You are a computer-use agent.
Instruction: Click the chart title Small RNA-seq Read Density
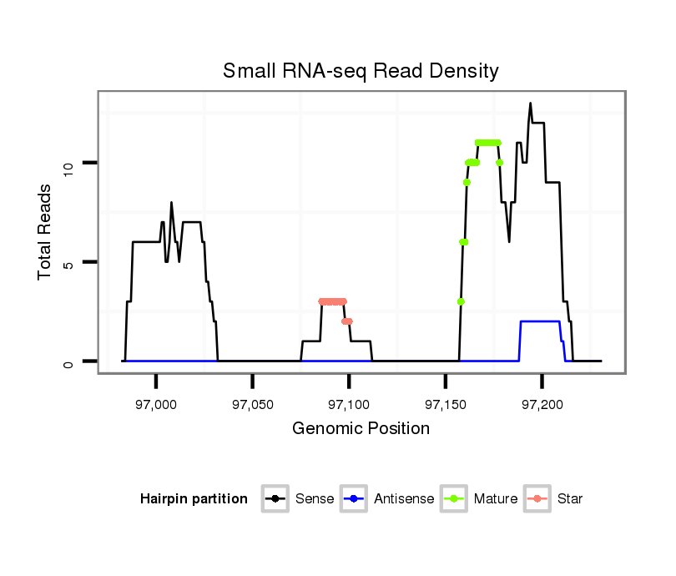click(x=361, y=71)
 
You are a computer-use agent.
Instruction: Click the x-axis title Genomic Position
click(x=361, y=429)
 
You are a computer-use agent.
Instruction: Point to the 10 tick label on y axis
click(x=71, y=163)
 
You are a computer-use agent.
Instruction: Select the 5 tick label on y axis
click(x=71, y=262)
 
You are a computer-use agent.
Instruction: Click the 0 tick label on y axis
click(x=71, y=361)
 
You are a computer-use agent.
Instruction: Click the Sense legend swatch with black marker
click(x=275, y=499)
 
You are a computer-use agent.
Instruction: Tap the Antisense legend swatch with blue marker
click(x=355, y=499)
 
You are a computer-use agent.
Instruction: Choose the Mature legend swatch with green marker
click(x=454, y=499)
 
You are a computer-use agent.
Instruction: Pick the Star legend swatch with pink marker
click(x=537, y=499)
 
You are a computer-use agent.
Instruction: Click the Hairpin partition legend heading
click(x=194, y=499)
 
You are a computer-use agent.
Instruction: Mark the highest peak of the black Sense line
click(x=530, y=104)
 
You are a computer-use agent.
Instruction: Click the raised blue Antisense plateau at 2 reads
click(x=539, y=321)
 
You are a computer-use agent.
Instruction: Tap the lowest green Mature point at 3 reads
click(x=461, y=301)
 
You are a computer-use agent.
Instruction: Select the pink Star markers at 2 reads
click(x=347, y=321)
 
